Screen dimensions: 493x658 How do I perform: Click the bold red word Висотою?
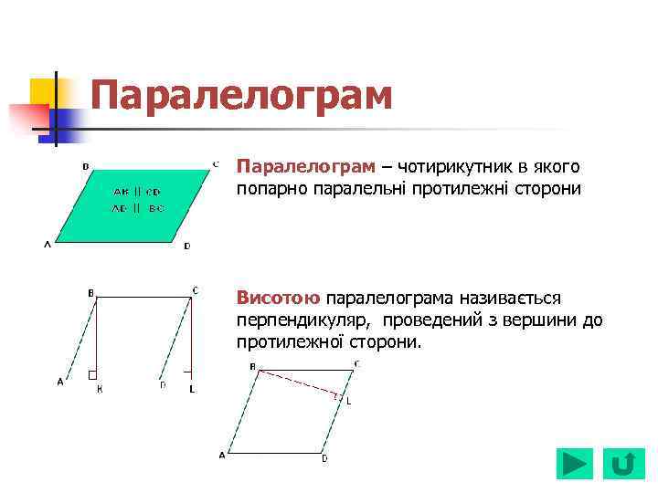[x=279, y=299]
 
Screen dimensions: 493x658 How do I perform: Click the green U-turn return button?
[x=622, y=464]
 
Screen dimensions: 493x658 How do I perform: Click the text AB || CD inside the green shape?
[x=137, y=192]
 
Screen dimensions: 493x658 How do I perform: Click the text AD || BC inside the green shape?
[x=137, y=208]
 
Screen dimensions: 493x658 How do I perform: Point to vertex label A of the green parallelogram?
[x=47, y=245]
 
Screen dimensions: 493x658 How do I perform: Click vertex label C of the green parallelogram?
[x=216, y=164]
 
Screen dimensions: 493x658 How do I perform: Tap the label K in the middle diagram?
[x=100, y=389]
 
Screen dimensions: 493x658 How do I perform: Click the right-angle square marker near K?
[x=92, y=374]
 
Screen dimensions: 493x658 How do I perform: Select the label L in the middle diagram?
[x=192, y=389]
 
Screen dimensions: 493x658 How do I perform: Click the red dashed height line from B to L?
[x=297, y=383]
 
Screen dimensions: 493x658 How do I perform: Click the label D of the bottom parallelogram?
[x=324, y=458]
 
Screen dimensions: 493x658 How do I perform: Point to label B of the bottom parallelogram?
[x=253, y=365]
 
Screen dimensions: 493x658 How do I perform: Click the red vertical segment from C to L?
[x=190, y=333]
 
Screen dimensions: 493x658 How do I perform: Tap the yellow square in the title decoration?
[x=43, y=91]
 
